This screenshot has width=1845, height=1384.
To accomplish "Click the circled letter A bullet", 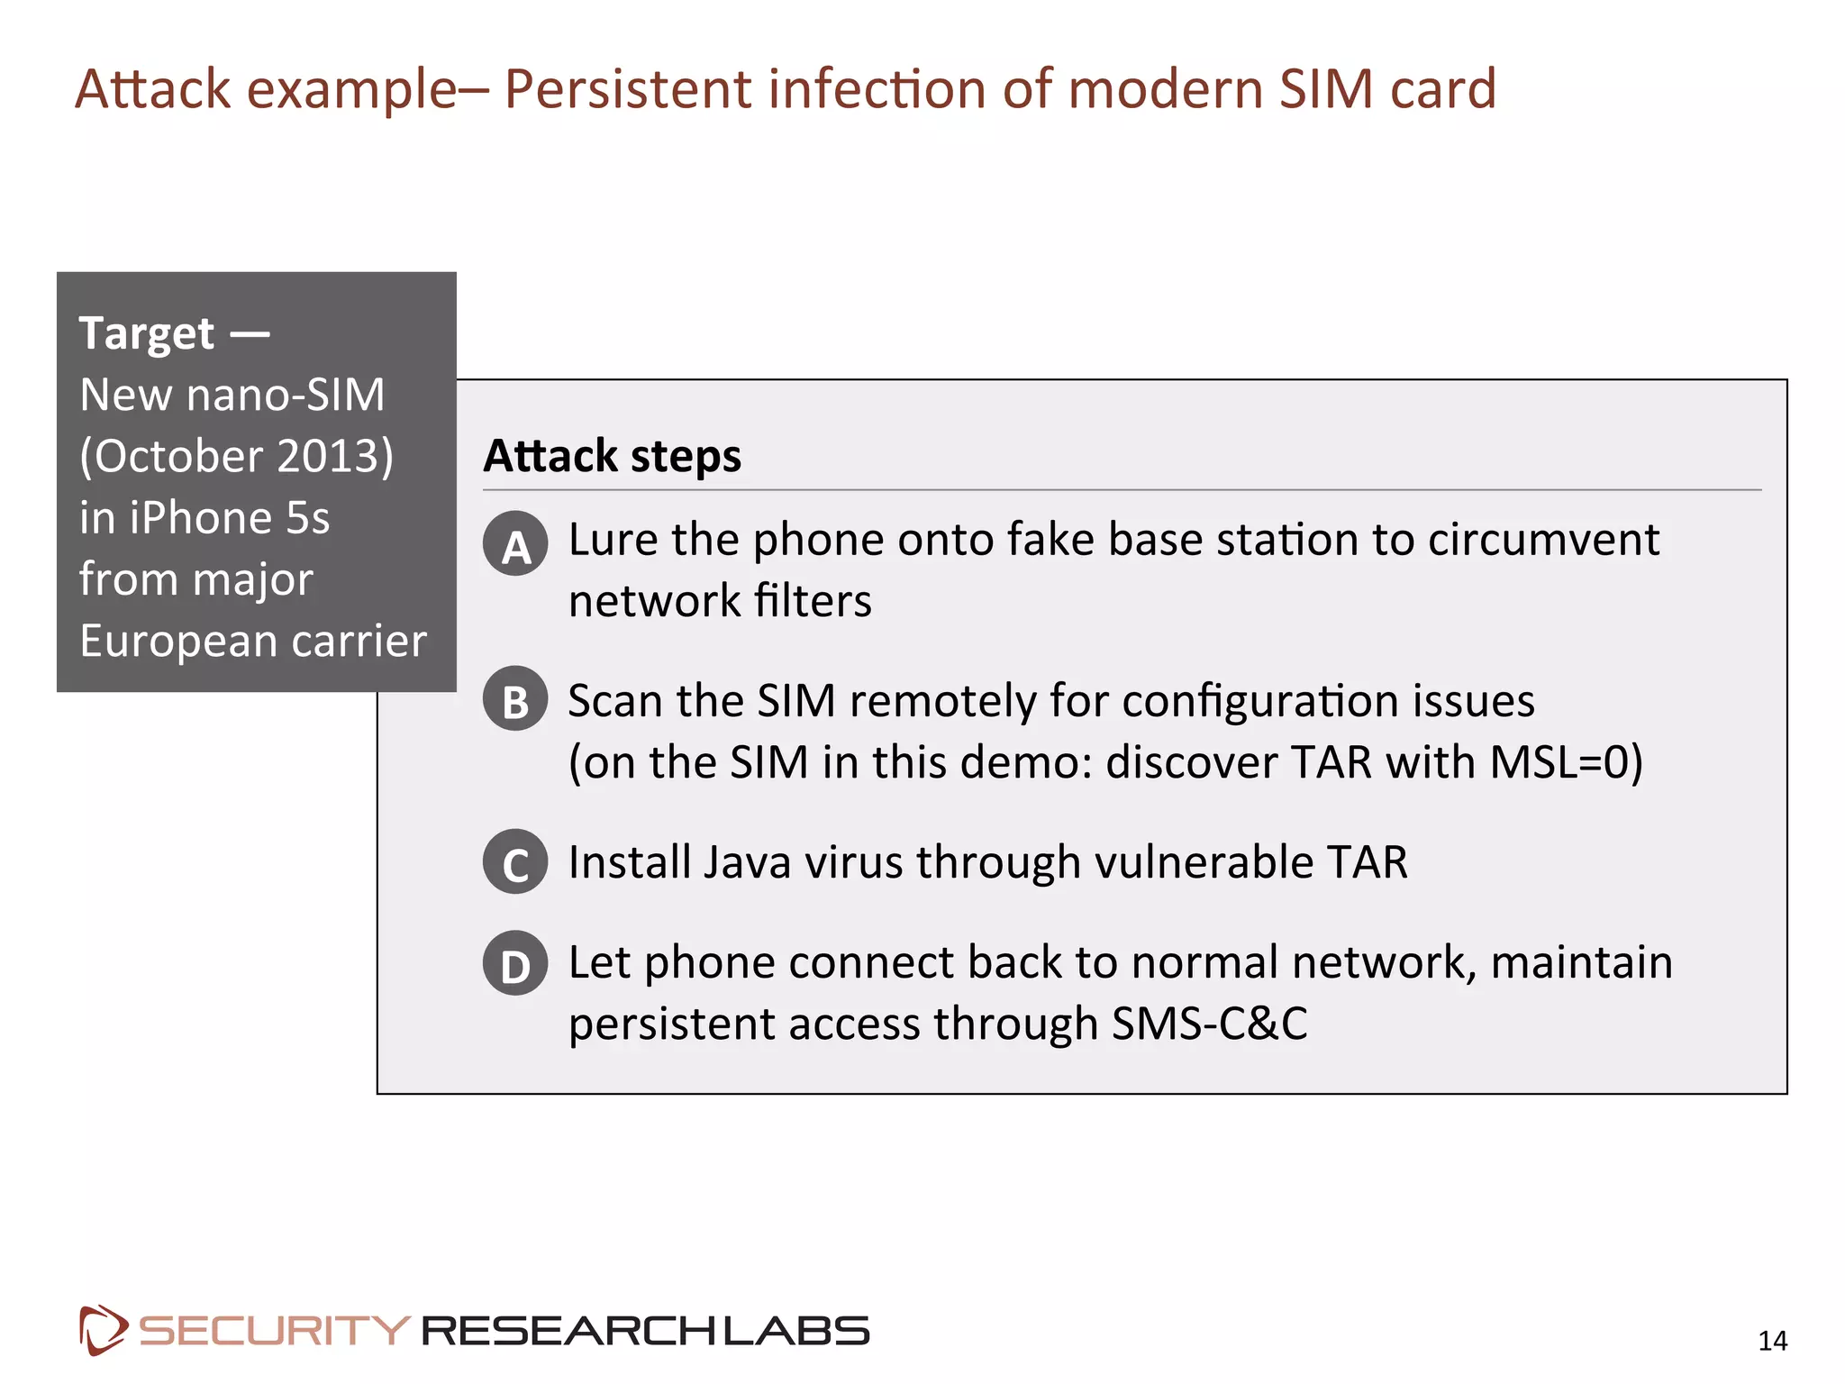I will (x=515, y=544).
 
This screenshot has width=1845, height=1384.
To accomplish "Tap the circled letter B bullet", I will (x=515, y=699).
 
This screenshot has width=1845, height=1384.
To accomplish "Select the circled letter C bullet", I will (x=515, y=862).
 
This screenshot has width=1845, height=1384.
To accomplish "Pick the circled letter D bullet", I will (x=515, y=963).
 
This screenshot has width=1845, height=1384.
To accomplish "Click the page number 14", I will (x=1772, y=1341).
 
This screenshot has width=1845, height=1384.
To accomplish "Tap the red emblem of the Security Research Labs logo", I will (x=102, y=1329).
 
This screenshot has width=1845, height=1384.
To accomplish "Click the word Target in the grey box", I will (x=147, y=333).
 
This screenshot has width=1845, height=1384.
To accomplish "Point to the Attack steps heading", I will (x=613, y=456).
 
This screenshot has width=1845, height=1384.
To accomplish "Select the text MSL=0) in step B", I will (x=1566, y=762).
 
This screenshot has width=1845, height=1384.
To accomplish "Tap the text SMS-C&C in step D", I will (x=1209, y=1024).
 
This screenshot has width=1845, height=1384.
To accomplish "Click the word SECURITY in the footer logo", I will (x=274, y=1331).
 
